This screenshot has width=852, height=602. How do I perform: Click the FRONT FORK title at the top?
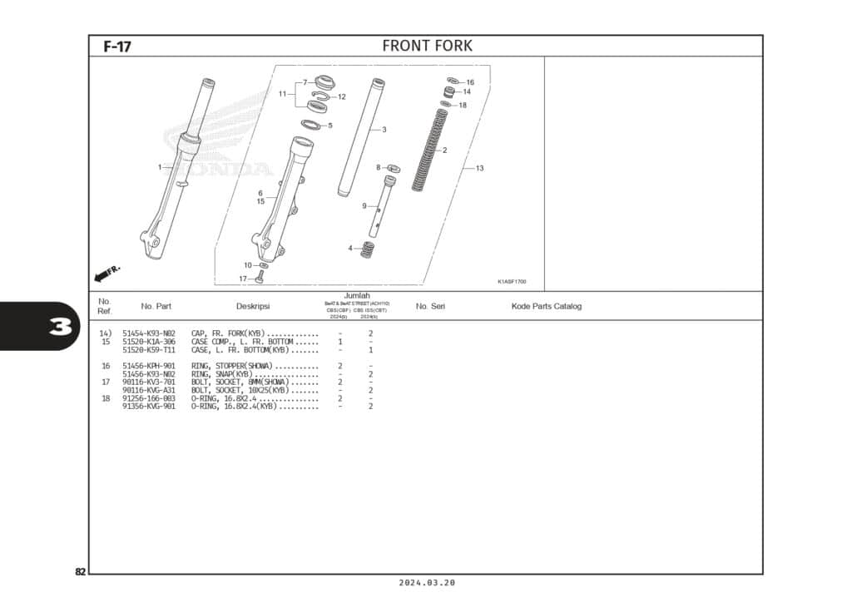[x=427, y=46]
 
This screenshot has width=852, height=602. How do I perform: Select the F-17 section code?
[x=116, y=47]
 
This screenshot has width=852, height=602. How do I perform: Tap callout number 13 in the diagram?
[x=479, y=168]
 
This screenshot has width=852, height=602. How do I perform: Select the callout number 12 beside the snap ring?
[x=341, y=97]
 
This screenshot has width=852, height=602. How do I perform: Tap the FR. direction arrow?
[x=107, y=273]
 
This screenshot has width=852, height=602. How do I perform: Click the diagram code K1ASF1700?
[x=512, y=282]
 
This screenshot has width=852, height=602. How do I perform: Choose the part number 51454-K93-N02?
[x=149, y=333]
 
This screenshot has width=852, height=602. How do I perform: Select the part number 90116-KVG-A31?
[x=149, y=390]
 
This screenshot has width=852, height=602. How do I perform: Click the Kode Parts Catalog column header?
[x=546, y=307]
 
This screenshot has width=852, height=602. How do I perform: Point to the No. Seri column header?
[x=430, y=307]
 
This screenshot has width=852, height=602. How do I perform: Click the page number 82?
[x=80, y=572]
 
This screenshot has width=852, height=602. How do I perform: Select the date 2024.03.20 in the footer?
[x=426, y=584]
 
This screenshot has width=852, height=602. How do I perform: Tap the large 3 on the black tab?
[x=61, y=327]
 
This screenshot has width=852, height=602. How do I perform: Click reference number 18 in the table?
[x=106, y=398]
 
